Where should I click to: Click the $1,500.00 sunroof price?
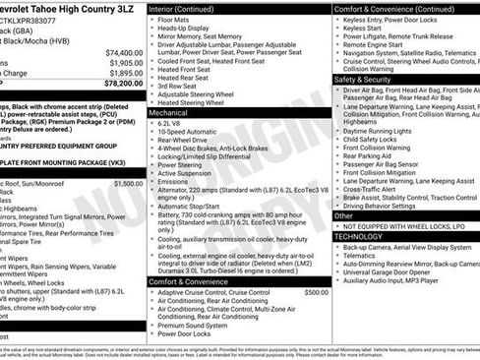128,183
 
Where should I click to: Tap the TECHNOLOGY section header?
360,236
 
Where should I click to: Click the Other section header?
343,214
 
